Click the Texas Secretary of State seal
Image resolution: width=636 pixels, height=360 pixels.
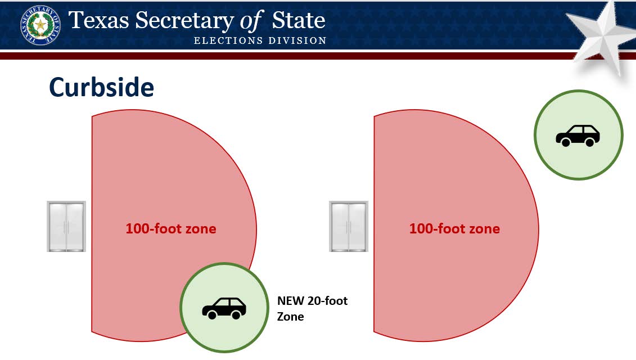click(x=40, y=25)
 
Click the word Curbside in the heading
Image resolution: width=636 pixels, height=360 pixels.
click(x=101, y=87)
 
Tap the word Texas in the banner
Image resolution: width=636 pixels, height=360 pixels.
click(x=99, y=20)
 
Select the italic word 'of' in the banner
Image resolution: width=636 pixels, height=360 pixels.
click(x=251, y=21)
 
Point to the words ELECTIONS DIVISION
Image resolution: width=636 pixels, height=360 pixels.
click(x=260, y=40)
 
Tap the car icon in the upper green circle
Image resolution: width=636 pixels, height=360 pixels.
click(x=578, y=136)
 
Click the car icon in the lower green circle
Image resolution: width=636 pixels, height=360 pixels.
click(x=224, y=308)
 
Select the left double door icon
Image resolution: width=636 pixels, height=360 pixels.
click(x=66, y=227)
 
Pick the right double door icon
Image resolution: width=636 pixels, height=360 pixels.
click(x=349, y=227)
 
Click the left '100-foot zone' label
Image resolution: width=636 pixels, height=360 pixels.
click(x=171, y=228)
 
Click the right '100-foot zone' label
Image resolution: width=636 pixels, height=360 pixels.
click(x=454, y=228)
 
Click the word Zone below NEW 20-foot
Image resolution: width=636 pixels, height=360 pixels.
click(x=290, y=317)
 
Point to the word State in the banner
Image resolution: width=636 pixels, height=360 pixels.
click(x=299, y=20)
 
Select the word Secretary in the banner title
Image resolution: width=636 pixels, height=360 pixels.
click(x=184, y=21)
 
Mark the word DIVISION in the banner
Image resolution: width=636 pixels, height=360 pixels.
click(x=297, y=40)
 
